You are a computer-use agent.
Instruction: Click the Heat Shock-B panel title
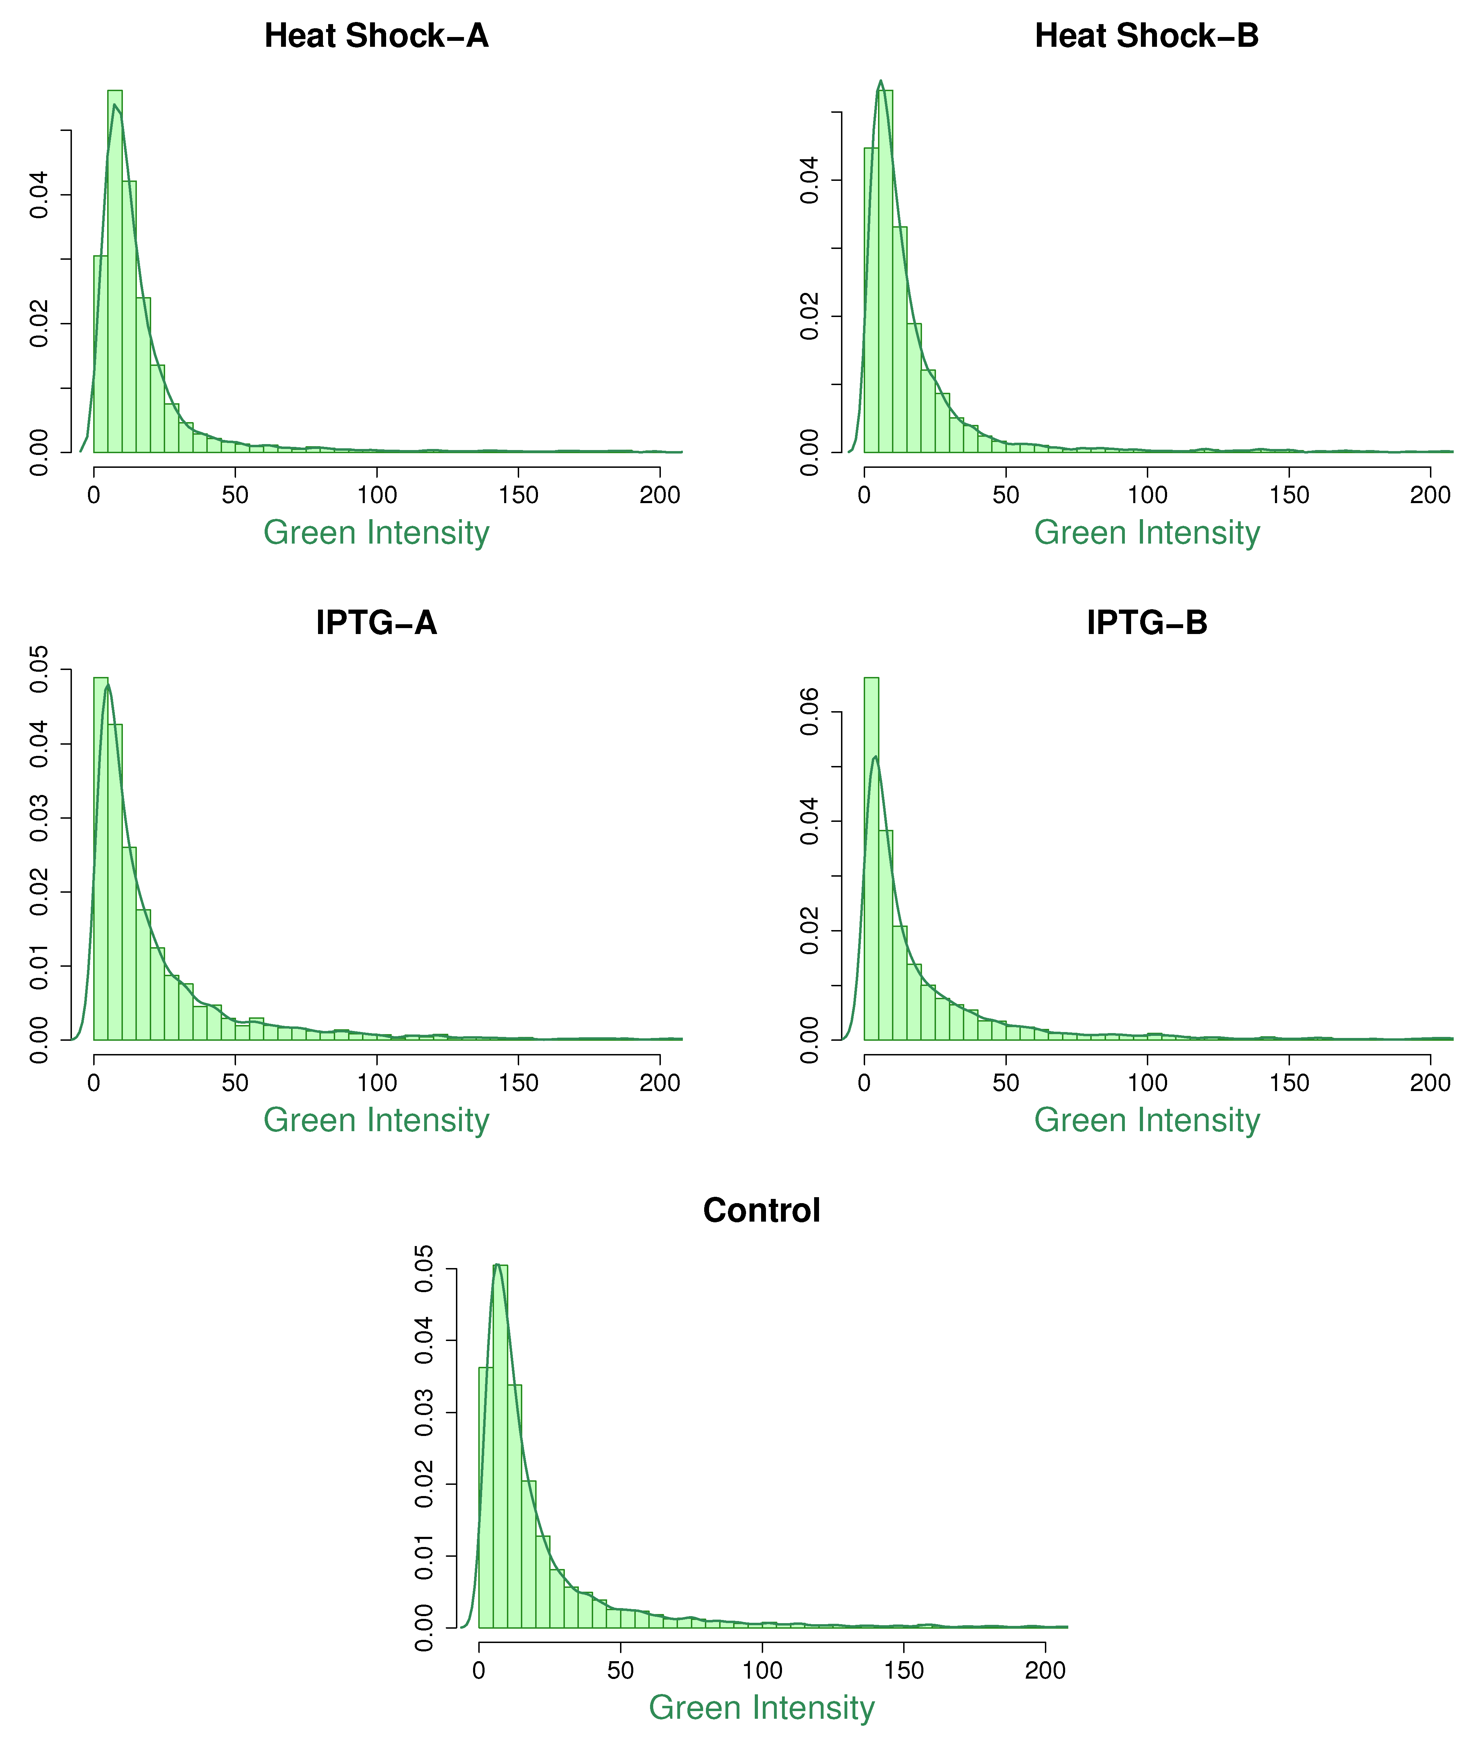pos(1146,36)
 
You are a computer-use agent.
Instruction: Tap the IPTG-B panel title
pos(1146,623)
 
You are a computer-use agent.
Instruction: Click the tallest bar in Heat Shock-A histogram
pos(115,272)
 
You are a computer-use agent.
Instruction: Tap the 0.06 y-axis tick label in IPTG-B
pos(809,712)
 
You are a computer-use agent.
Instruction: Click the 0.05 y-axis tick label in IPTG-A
pos(39,670)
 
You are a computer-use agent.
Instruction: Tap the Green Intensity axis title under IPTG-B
pos(1146,1120)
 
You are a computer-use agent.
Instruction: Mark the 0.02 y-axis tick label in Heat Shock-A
pos(39,324)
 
